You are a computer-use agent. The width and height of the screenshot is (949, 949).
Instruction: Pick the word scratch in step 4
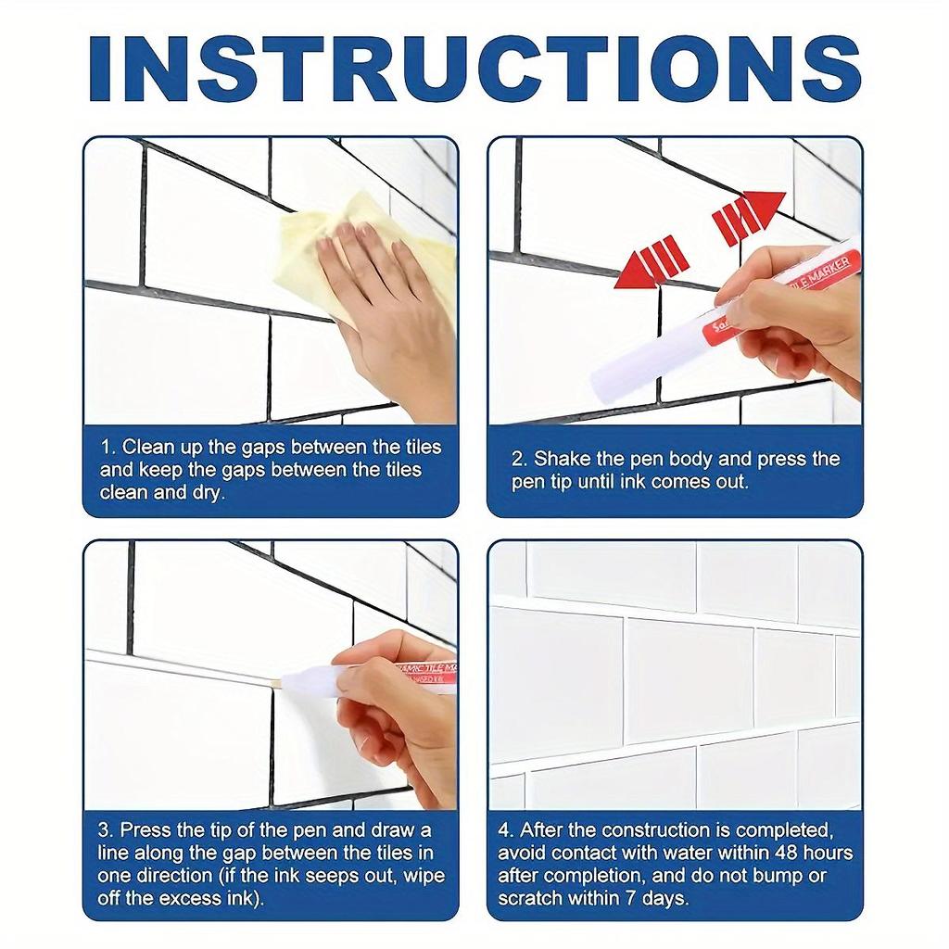pos(529,898)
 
